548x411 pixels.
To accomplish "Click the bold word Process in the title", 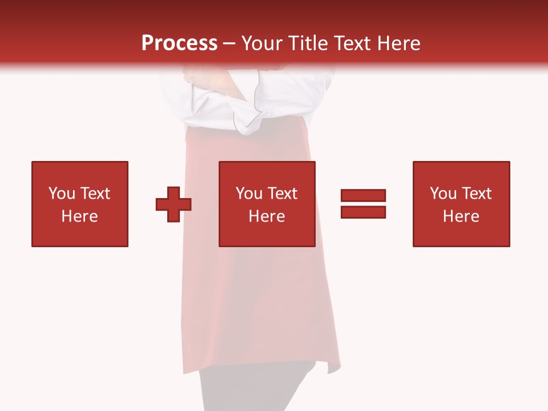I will coord(179,43).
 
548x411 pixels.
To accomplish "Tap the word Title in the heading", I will coord(308,43).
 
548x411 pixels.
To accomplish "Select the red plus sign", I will coord(174,204).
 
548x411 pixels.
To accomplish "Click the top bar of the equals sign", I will coord(363,195).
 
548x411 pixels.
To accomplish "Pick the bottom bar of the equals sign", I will coord(363,212).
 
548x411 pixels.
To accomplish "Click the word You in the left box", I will coord(62,194).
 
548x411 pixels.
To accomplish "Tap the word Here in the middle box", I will coord(267,216).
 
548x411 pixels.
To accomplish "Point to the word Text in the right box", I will coord(476,194).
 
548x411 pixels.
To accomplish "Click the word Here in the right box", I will coord(461,216).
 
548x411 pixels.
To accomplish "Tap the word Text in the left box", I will coord(94,194).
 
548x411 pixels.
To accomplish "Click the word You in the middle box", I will coord(249,194).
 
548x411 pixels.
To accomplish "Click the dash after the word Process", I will coord(229,44).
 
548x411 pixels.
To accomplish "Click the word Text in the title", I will coord(352,43).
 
